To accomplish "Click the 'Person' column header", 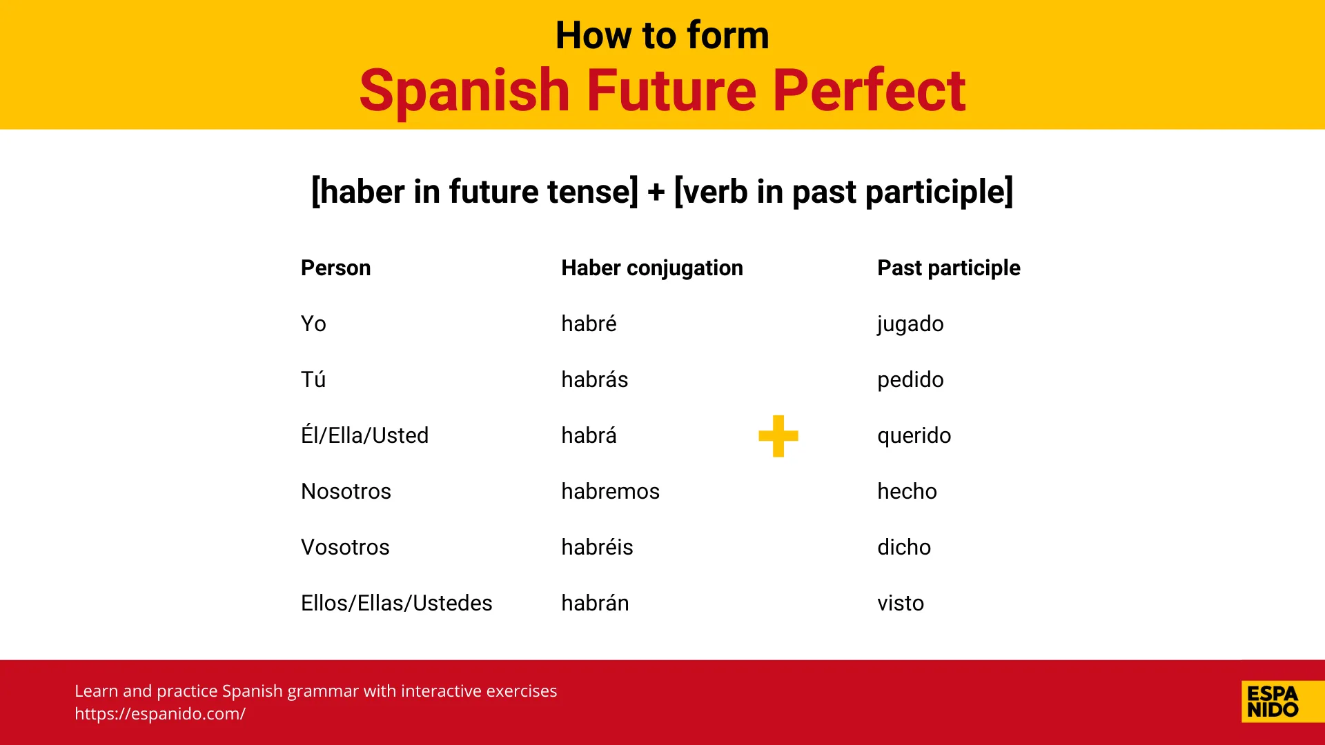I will pos(335,268).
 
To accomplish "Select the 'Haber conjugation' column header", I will pos(651,268).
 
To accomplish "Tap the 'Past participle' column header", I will pos(948,268).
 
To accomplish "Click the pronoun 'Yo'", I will pos(313,324).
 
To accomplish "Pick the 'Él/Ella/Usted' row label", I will pos(364,435).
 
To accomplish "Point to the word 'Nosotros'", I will pos(346,491).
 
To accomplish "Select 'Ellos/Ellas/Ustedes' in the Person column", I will pos(396,603).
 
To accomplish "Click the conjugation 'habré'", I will pos(589,324).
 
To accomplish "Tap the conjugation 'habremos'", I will pos(610,491).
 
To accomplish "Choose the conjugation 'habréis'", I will pos(597,547).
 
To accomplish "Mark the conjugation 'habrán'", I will pos(595,603).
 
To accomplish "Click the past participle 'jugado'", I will pos(910,324).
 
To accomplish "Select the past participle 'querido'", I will pos(914,435).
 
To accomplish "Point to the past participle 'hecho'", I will pos(907,491).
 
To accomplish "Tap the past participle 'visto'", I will pos(901,603).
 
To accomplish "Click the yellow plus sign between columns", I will pos(778,436).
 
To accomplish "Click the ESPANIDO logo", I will pos(1273,702).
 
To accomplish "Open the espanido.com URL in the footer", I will pos(160,714).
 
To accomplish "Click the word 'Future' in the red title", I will pos(671,90).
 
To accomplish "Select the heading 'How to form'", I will pos(662,35).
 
